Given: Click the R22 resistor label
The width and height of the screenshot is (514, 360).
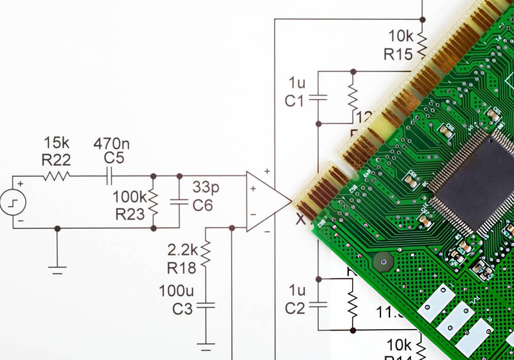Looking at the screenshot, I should tap(56, 159).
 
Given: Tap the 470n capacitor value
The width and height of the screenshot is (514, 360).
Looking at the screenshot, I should tap(112, 143).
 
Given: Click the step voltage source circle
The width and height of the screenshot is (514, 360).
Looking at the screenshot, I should tap(13, 202).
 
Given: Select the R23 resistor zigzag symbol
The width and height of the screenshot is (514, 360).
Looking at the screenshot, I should tap(153, 202).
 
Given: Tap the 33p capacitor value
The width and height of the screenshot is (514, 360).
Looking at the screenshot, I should tap(206, 187).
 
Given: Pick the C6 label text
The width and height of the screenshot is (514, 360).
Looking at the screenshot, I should tap(203, 206).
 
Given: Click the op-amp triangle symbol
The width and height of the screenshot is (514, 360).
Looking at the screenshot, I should tap(265, 201).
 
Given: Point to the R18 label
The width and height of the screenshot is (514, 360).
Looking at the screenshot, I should tap(181, 267).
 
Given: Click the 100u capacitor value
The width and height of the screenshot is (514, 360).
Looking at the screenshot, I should tap(176, 292).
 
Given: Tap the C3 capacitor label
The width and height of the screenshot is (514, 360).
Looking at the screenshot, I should tap(182, 309).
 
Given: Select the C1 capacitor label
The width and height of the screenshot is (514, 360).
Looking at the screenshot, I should tap(295, 101).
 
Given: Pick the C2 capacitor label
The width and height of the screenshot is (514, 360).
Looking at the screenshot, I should tap(295, 308).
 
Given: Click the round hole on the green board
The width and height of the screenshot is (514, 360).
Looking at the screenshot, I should tap(381, 262).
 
